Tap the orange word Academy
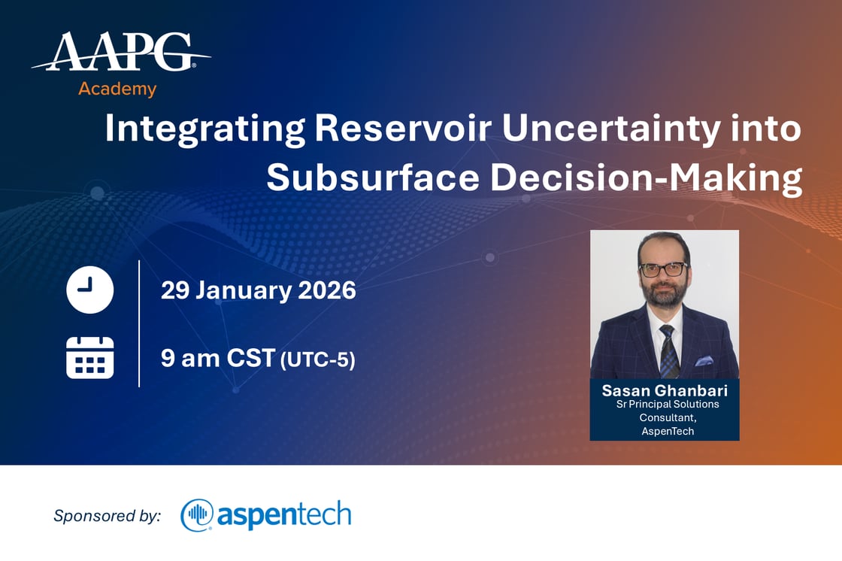(x=117, y=89)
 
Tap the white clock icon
(x=90, y=290)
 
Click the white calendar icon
(x=90, y=357)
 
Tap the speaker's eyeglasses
(x=662, y=269)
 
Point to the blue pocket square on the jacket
(x=704, y=361)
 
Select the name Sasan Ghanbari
(x=664, y=391)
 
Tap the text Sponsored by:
(x=107, y=516)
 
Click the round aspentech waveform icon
(x=197, y=515)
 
